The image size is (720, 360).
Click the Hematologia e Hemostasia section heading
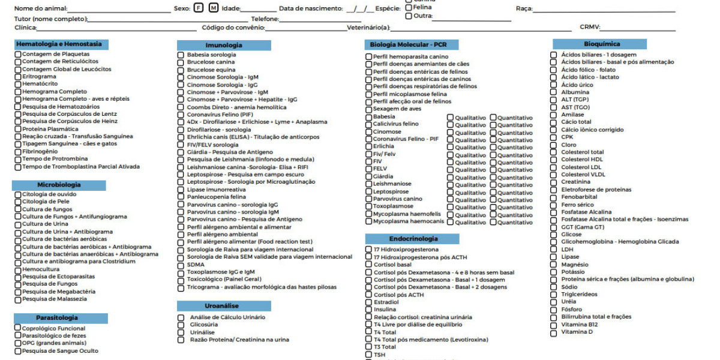59,44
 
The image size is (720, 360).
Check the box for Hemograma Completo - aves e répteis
18,99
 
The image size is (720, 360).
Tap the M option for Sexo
213,8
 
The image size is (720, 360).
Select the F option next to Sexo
199,8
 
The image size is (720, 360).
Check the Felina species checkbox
409,7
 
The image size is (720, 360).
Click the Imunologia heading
223,45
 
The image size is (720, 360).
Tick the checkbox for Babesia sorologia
181,55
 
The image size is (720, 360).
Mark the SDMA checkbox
181,265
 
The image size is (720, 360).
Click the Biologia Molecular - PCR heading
408,44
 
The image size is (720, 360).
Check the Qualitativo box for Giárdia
451,178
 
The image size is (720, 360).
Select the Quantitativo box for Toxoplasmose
493,208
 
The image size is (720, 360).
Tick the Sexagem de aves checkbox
369,109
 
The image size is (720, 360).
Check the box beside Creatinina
554,182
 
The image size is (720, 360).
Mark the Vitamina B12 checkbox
554,325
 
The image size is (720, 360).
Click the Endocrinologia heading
413,238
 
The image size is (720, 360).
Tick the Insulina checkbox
369,310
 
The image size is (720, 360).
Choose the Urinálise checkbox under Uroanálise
181,332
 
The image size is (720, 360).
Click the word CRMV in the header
590,28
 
